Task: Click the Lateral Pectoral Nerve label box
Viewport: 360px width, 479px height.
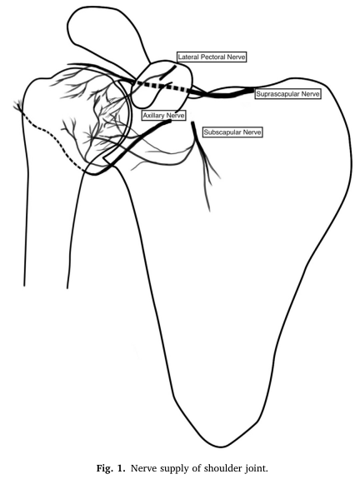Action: click(x=212, y=57)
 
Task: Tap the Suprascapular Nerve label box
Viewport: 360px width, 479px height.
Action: click(x=287, y=94)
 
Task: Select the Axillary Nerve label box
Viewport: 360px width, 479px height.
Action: click(x=164, y=116)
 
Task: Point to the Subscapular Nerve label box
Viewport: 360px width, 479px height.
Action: click(x=232, y=132)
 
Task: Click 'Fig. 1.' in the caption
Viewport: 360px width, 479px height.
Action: click(x=111, y=468)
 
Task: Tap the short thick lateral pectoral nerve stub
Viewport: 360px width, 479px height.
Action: click(x=168, y=72)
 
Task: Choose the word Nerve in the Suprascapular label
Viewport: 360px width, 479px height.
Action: click(x=310, y=94)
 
